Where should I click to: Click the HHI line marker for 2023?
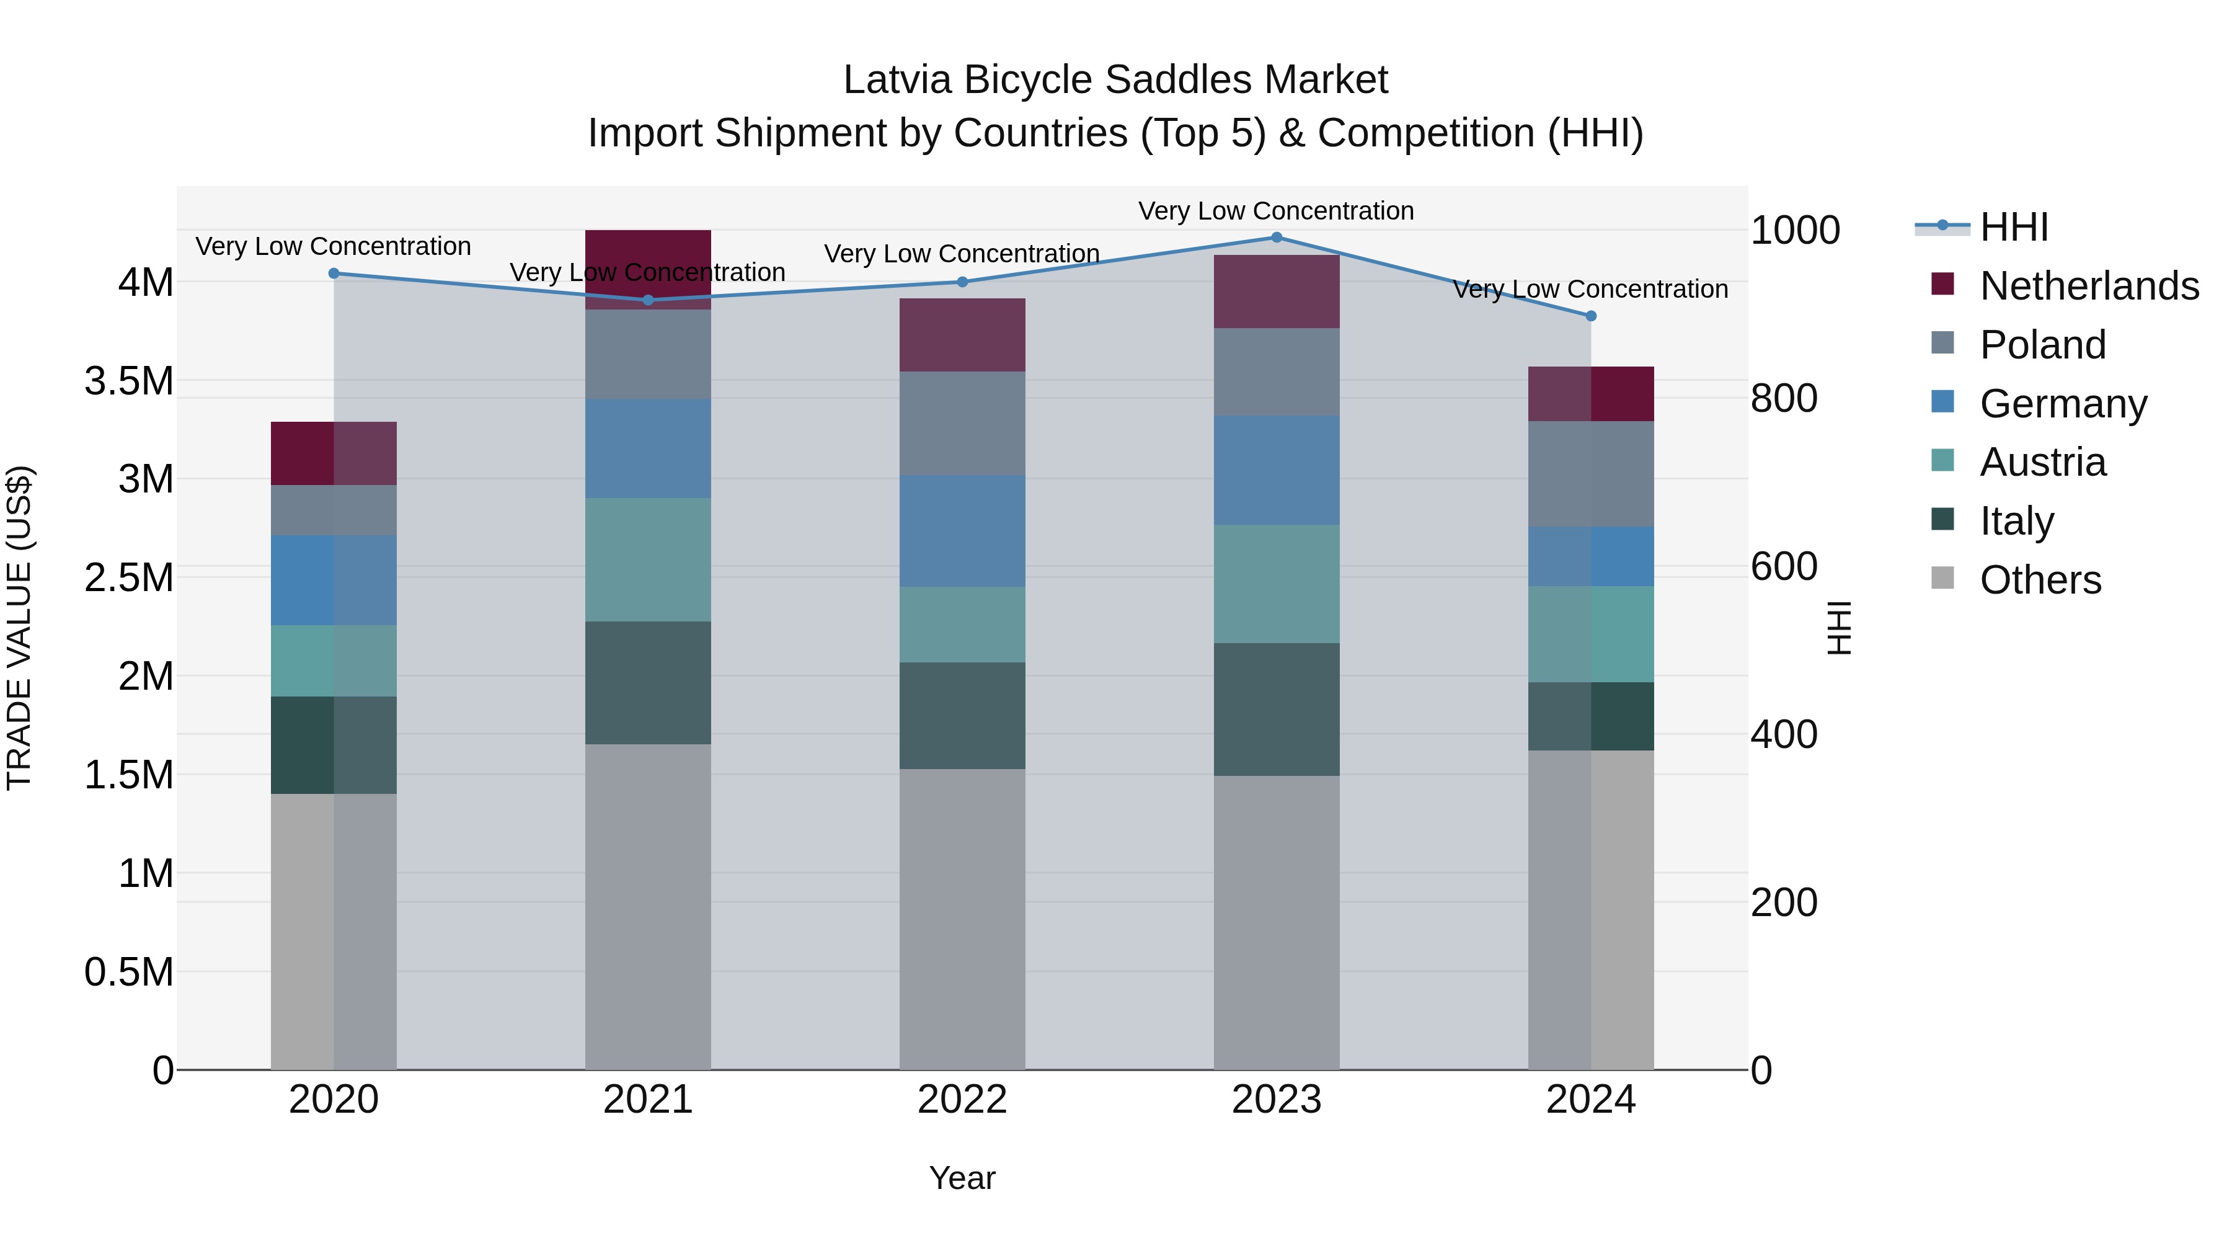click(x=1277, y=238)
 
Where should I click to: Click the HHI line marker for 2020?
click(x=334, y=274)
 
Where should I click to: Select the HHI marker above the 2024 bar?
click(x=1591, y=316)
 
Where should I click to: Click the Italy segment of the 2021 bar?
click(x=648, y=683)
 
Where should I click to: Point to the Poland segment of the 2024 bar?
click(x=1591, y=474)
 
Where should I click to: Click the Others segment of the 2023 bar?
click(x=1277, y=922)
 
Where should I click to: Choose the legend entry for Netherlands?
click(x=2088, y=286)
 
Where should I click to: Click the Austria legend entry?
click(x=2042, y=462)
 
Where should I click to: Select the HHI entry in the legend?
click(x=2013, y=227)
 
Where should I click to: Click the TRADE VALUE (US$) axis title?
click(x=19, y=628)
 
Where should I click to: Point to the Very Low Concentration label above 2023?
click(x=1277, y=211)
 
